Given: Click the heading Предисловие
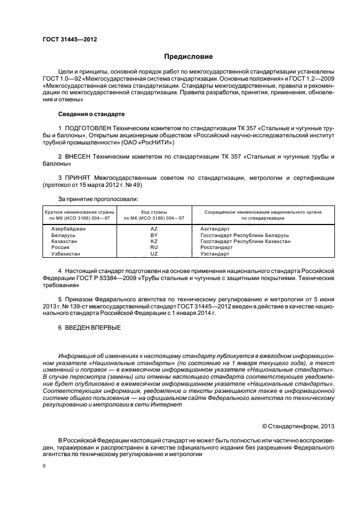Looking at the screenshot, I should tap(188, 57).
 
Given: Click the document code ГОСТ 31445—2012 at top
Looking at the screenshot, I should tap(70, 39).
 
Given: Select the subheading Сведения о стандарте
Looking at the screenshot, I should tap(91, 114).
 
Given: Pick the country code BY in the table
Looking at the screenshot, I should tap(154, 235).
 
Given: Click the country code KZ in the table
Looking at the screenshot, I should tap(154, 241).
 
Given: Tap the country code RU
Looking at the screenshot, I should tap(154, 247).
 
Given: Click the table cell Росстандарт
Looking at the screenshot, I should tap(216, 247).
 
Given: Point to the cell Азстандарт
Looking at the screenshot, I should tap(215, 229).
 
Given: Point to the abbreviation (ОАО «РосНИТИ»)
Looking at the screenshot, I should tap(147, 142).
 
